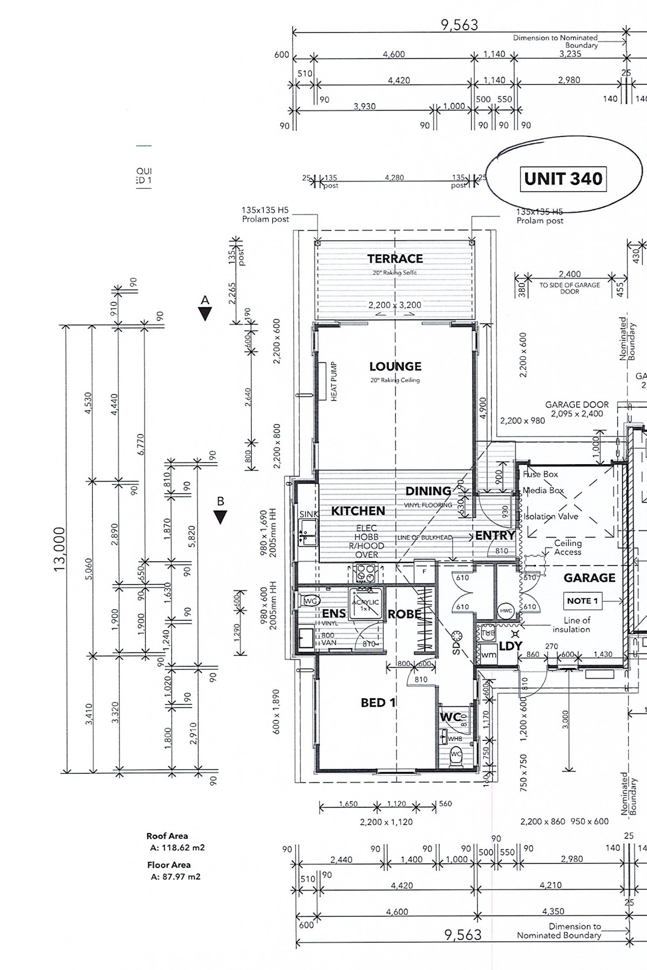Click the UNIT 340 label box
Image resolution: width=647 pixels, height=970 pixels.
(x=563, y=179)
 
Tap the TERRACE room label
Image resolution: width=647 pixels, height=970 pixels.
(x=395, y=259)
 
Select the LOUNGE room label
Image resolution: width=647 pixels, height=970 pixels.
(x=395, y=367)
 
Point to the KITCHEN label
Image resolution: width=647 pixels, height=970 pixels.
(x=358, y=511)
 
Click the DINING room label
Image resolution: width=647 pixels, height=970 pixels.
(x=428, y=491)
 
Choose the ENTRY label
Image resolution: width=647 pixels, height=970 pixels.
(x=494, y=535)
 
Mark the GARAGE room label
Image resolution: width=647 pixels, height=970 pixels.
(x=589, y=578)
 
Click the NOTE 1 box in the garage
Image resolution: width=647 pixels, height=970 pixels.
(x=582, y=601)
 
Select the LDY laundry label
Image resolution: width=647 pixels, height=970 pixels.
(x=510, y=646)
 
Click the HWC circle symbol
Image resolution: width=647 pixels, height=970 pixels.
(x=506, y=610)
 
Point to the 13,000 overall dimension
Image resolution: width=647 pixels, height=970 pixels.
(x=59, y=548)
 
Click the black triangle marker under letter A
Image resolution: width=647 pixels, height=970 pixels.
(x=205, y=314)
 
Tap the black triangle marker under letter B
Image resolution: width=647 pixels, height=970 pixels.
(x=220, y=517)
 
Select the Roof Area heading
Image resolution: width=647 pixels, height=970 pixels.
(x=167, y=836)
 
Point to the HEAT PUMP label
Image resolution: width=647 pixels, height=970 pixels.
(x=334, y=381)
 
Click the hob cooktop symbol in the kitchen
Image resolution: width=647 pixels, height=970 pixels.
(x=365, y=573)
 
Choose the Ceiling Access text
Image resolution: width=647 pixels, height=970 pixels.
(x=568, y=547)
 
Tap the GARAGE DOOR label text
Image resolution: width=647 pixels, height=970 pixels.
(x=577, y=404)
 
